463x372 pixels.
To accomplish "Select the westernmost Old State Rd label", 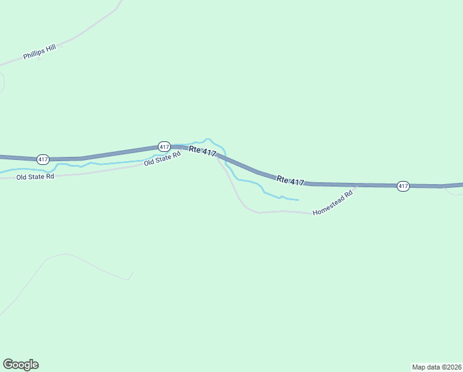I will (x=35, y=177).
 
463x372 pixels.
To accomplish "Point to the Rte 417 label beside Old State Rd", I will (x=202, y=151).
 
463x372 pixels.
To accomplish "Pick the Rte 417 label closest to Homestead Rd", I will (x=290, y=180).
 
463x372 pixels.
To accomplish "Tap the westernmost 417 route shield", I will (x=43, y=159).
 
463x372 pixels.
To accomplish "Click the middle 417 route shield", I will (x=164, y=146).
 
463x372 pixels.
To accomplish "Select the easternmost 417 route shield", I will (x=403, y=186).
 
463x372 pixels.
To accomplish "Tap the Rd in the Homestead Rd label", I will (x=348, y=193).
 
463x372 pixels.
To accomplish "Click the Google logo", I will (x=21, y=365).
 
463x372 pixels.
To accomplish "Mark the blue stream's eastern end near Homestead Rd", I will (x=298, y=200).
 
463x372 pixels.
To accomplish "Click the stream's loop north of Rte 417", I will (x=208, y=139).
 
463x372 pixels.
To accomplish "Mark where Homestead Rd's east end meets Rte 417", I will (x=357, y=185).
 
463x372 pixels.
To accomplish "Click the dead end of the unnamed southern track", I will (x=133, y=272).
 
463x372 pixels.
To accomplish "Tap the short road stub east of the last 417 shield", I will (x=454, y=191).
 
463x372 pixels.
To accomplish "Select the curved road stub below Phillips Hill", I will (x=3, y=82).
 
